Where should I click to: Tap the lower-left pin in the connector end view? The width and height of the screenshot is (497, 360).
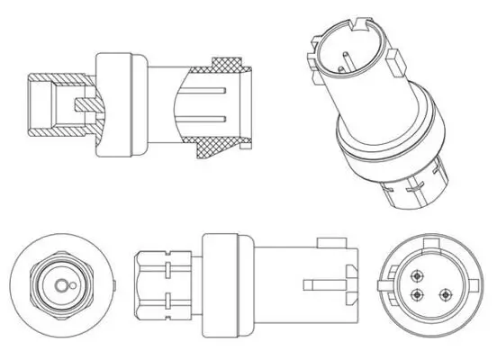click(417, 298)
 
